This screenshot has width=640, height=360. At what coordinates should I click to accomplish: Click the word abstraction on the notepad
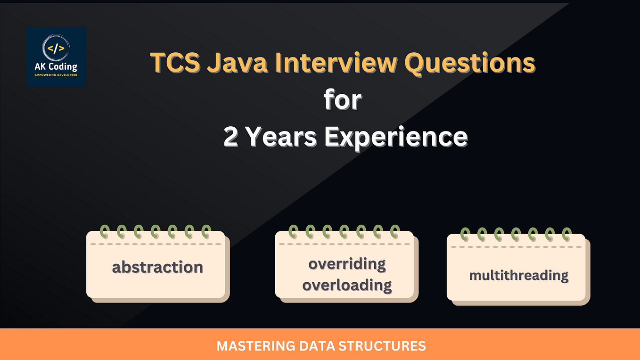[x=157, y=267]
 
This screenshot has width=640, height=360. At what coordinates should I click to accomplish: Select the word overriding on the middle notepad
[x=347, y=264]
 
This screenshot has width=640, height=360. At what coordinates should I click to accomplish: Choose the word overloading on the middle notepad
[x=347, y=285]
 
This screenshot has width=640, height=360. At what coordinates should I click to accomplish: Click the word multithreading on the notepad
[x=518, y=275]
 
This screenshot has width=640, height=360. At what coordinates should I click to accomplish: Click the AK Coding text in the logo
[x=56, y=67]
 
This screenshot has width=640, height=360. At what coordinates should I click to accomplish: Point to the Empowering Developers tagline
[x=56, y=75]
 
